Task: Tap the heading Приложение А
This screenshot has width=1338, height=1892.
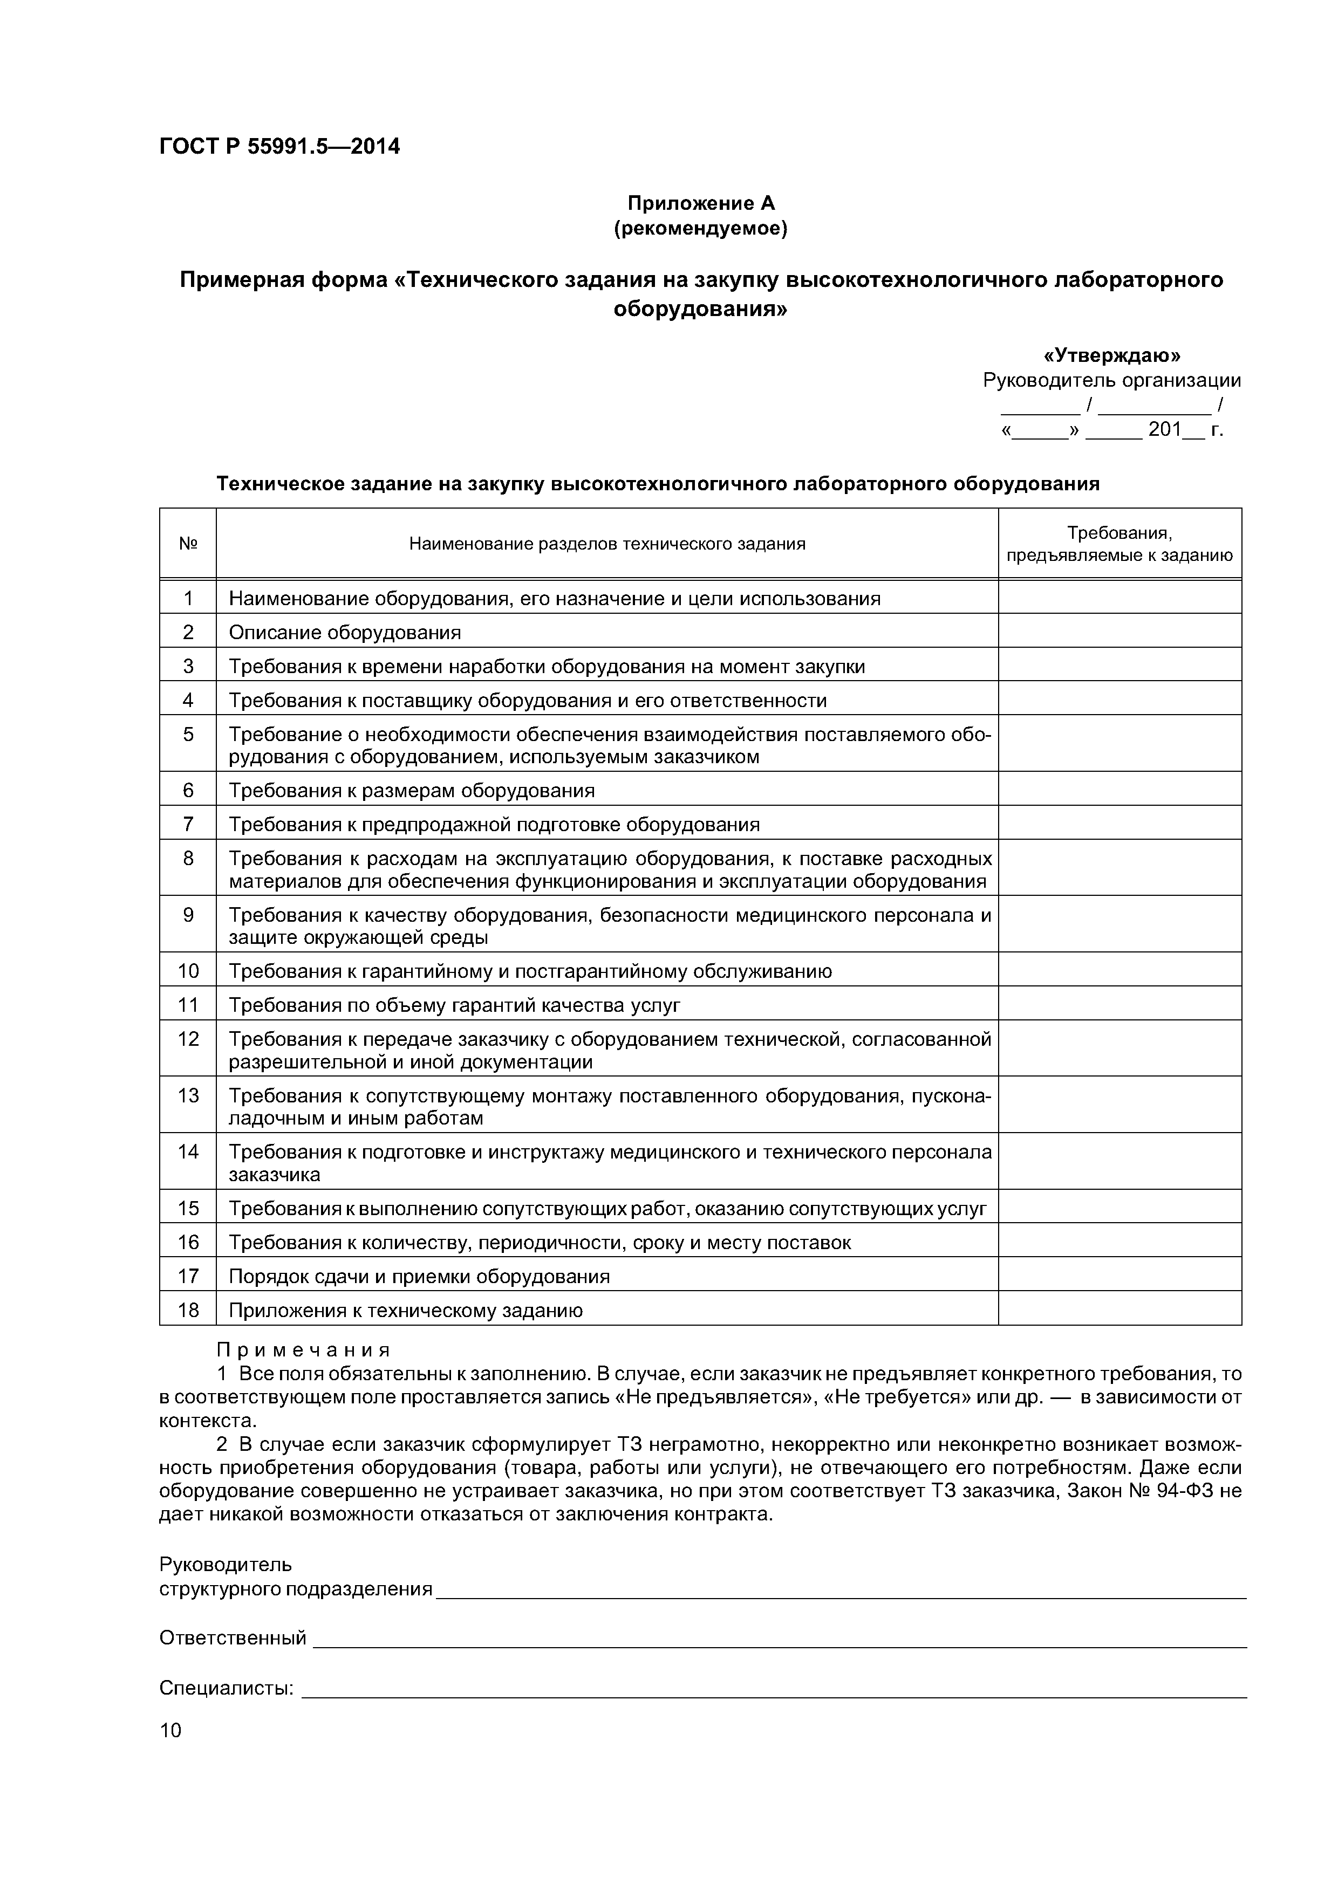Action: (701, 203)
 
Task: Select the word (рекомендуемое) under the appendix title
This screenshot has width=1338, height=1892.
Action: (701, 228)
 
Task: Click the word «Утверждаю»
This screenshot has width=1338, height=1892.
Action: (1111, 355)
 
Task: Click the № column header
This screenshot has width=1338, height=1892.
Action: (188, 543)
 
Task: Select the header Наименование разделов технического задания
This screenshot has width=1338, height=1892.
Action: (607, 543)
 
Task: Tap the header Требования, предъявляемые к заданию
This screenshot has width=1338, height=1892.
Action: (1119, 544)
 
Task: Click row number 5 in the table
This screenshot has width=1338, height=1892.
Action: (188, 734)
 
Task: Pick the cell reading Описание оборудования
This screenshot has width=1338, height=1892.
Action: (345, 632)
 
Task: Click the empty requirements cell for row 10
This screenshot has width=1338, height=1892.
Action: (1119, 970)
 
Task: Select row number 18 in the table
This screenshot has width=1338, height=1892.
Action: (188, 1310)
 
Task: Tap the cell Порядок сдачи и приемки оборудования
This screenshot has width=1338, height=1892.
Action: (419, 1276)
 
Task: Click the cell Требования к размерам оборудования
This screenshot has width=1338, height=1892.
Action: (411, 790)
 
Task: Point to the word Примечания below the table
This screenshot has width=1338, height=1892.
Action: (303, 1350)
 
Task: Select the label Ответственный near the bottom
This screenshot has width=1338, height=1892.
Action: (233, 1637)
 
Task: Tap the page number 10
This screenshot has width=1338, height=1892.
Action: (170, 1730)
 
